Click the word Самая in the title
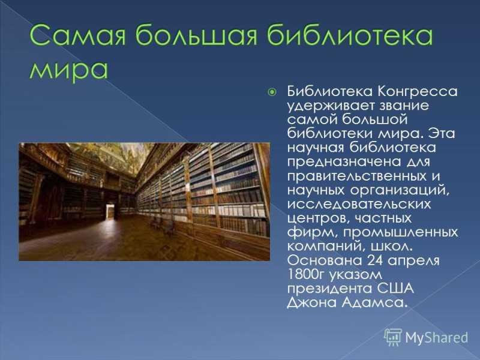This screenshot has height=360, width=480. [78, 35]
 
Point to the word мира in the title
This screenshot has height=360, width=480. [68, 70]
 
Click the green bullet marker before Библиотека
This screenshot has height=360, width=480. [272, 92]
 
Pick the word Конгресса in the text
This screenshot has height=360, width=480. [417, 92]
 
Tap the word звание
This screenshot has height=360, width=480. [404, 106]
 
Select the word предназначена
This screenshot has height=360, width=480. [344, 162]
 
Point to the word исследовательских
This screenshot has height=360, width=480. [359, 205]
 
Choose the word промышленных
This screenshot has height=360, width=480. [400, 233]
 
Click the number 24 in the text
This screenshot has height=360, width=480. [375, 260]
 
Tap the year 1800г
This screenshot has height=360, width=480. [305, 274]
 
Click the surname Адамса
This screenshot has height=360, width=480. [374, 302]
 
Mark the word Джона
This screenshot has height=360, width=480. [312, 303]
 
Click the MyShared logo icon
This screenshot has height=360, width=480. [393, 337]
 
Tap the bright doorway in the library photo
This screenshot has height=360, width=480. [110, 212]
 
